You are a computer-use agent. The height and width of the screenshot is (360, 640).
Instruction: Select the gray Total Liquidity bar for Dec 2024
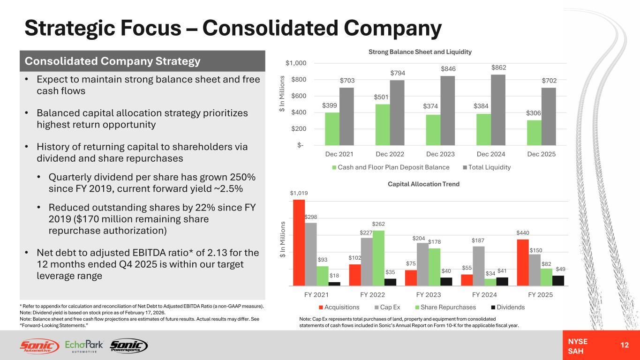(483, 109)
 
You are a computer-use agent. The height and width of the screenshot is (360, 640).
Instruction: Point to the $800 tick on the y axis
(297, 80)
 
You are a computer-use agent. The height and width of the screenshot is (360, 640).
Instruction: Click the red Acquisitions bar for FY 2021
(299, 242)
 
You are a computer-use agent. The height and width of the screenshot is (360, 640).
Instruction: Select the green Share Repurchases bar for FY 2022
(378, 258)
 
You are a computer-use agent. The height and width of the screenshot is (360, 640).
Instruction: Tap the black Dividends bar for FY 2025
(558, 280)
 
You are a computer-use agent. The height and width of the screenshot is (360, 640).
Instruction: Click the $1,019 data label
(299, 193)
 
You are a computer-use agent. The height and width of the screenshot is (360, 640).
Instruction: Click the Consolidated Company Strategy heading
(113, 61)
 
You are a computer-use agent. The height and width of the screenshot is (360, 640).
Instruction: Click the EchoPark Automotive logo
(84, 346)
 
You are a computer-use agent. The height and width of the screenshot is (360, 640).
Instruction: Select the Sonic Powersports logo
(128, 346)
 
